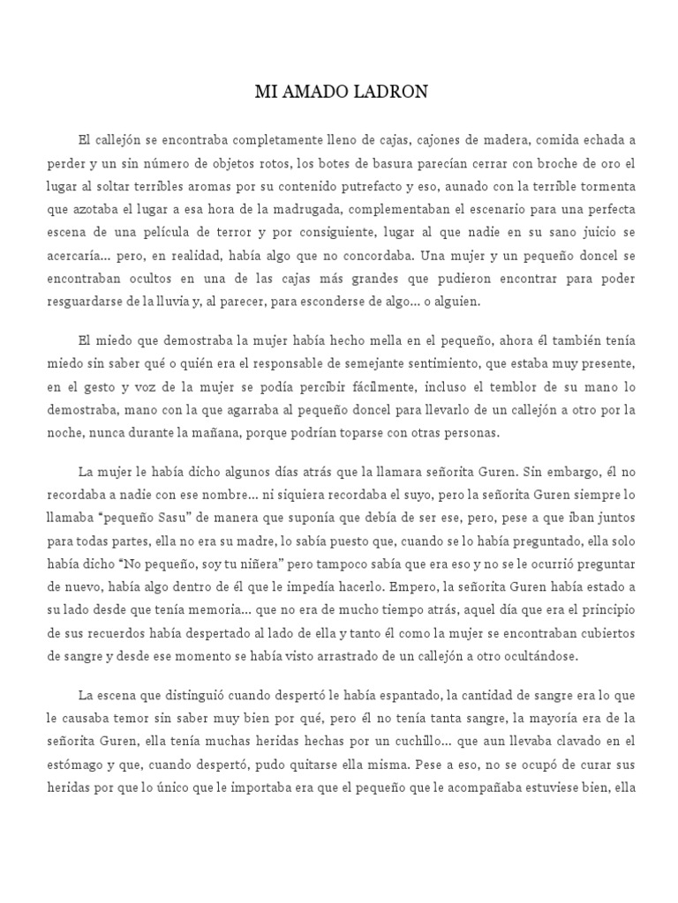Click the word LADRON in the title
point(394,92)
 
